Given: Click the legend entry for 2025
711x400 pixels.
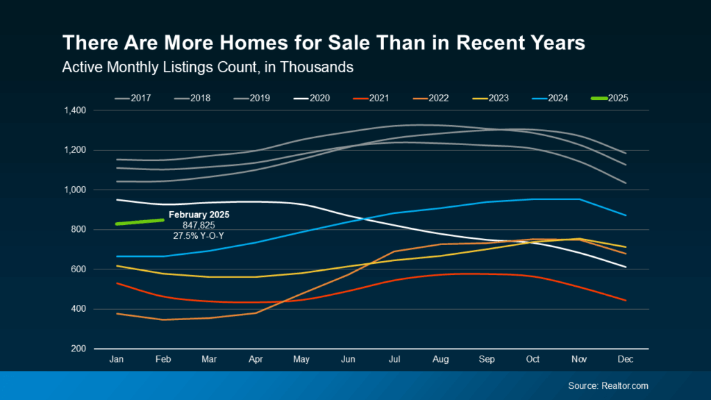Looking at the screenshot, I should tap(610, 98).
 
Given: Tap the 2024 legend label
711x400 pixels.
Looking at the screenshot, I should tap(552, 98).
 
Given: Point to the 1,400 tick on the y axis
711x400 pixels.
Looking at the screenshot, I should tap(74, 110).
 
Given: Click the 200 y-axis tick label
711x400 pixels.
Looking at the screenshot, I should tap(78, 349).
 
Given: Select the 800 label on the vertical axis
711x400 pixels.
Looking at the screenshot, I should tap(78, 230).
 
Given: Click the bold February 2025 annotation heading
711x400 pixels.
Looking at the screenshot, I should tap(199, 215).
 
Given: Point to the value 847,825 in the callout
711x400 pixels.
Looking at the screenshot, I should tap(199, 225).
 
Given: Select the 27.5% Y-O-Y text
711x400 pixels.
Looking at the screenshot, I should tap(199, 235).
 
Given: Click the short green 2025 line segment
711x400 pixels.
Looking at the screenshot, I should tap(140, 222).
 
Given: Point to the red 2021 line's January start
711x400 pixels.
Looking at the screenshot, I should tap(117, 283).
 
